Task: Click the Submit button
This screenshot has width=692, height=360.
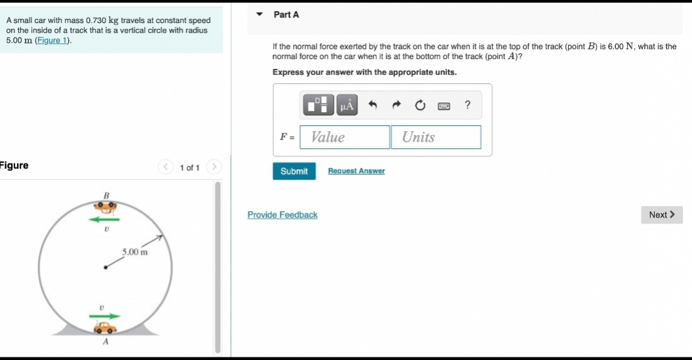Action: pyautogui.click(x=294, y=171)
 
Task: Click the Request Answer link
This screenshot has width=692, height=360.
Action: pyautogui.click(x=356, y=171)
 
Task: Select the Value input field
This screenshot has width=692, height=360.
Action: pyautogui.click(x=345, y=137)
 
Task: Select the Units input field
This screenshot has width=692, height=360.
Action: pyautogui.click(x=436, y=137)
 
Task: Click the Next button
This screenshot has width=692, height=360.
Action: pyautogui.click(x=661, y=214)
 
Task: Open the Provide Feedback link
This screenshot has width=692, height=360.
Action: pyautogui.click(x=282, y=215)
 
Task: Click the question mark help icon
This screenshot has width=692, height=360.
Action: pyautogui.click(x=467, y=105)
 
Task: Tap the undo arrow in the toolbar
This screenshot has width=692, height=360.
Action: pyautogui.click(x=373, y=105)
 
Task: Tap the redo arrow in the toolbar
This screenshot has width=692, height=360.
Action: pyautogui.click(x=396, y=105)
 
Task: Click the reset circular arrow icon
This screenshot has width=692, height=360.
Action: pyautogui.click(x=419, y=105)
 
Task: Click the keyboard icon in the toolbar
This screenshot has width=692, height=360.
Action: pyautogui.click(x=444, y=105)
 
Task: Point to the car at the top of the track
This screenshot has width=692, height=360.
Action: pyautogui.click(x=104, y=207)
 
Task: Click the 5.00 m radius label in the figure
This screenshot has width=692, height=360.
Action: pyautogui.click(x=134, y=252)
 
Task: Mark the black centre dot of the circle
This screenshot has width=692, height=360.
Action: pyautogui.click(x=105, y=267)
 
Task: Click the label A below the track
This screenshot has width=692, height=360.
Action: pyautogui.click(x=105, y=342)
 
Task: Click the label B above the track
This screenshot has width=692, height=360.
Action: pyautogui.click(x=107, y=195)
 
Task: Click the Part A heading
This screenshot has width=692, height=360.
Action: pyautogui.click(x=286, y=14)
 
